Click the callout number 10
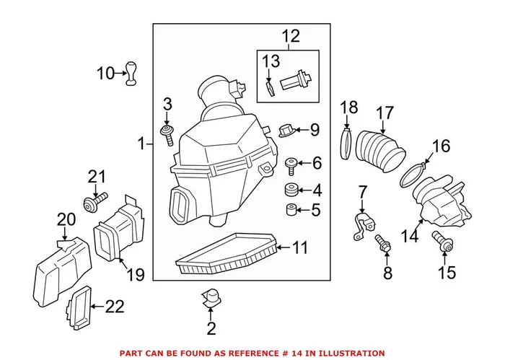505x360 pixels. (106, 72)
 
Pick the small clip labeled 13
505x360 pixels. (268, 87)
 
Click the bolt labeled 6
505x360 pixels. (292, 165)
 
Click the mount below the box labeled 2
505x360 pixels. (210, 298)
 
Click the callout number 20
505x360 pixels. (66, 219)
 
